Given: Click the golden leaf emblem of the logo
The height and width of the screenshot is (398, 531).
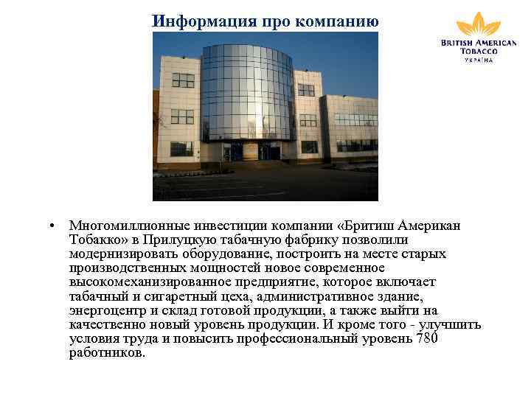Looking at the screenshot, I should pyautogui.click(x=478, y=24).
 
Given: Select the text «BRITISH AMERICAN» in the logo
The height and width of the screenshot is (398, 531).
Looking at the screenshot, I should pyautogui.click(x=479, y=43).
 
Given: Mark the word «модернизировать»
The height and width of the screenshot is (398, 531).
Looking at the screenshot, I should pyautogui.click(x=121, y=254).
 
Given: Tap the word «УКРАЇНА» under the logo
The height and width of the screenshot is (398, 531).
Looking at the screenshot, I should pyautogui.click(x=479, y=60).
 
